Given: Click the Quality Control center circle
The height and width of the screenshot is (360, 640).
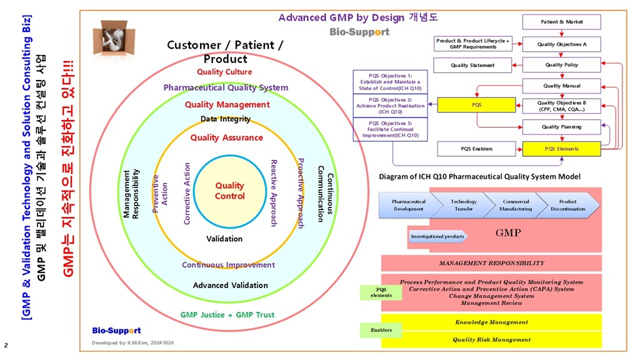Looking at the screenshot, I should [x=229, y=191].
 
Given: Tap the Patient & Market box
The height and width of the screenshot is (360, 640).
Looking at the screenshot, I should [x=561, y=22].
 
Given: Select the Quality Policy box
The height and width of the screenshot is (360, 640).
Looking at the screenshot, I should [x=561, y=65].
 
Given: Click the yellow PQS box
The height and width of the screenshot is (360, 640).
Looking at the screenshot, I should [x=476, y=105].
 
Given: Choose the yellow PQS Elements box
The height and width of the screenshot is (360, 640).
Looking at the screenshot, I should [x=561, y=149].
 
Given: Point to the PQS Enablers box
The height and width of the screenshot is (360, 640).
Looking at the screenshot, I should [x=477, y=149].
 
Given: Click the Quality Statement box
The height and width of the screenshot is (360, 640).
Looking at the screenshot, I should [x=472, y=65].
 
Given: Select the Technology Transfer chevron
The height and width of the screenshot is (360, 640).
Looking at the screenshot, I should [x=463, y=205].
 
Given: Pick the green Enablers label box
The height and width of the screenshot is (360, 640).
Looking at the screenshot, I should [x=381, y=330].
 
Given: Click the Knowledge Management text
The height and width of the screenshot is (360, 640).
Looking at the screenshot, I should [x=491, y=322].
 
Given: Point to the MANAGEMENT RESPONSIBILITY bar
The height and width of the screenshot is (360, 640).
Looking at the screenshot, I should [x=491, y=263].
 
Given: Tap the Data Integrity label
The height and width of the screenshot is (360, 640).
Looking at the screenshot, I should [x=226, y=119].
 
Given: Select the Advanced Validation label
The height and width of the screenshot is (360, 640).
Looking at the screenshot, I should [x=230, y=286].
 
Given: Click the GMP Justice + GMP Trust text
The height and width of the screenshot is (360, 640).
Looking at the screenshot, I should [x=227, y=315].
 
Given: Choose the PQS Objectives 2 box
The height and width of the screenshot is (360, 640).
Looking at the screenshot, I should [x=391, y=106].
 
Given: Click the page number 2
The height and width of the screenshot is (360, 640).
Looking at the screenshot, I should [x=6, y=345].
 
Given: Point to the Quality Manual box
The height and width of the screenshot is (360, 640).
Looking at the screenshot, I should [x=561, y=86].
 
